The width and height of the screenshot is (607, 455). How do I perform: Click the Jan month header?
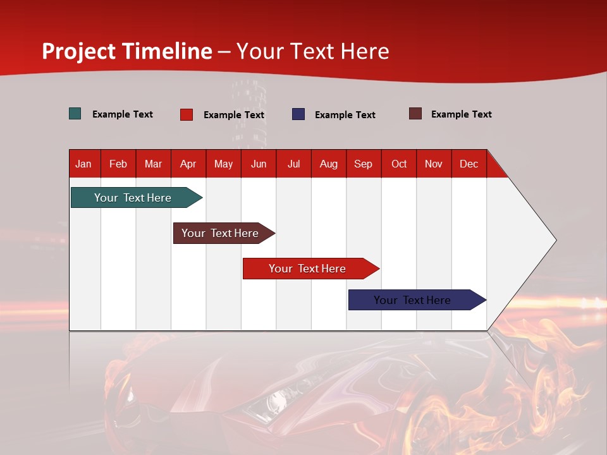click(84, 164)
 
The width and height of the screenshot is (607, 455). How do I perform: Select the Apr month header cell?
click(188, 164)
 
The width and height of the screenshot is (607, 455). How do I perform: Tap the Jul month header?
click(293, 164)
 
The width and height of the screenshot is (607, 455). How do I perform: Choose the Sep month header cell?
click(364, 164)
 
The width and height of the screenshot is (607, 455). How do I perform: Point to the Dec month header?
click(469, 164)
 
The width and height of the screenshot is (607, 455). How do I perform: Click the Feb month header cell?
click(118, 164)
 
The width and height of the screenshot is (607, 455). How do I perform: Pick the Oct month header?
click(399, 164)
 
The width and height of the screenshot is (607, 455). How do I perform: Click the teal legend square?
click(75, 114)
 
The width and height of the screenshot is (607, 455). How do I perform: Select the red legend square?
click(187, 114)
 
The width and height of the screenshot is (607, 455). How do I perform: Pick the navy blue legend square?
click(298, 114)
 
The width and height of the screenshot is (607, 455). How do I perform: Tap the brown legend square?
click(415, 114)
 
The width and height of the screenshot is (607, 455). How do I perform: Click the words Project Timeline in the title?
click(127, 51)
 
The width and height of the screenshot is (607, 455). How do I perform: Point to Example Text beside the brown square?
click(461, 114)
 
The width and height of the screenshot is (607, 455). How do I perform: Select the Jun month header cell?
click(259, 164)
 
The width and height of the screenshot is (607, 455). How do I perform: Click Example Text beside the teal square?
click(122, 114)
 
